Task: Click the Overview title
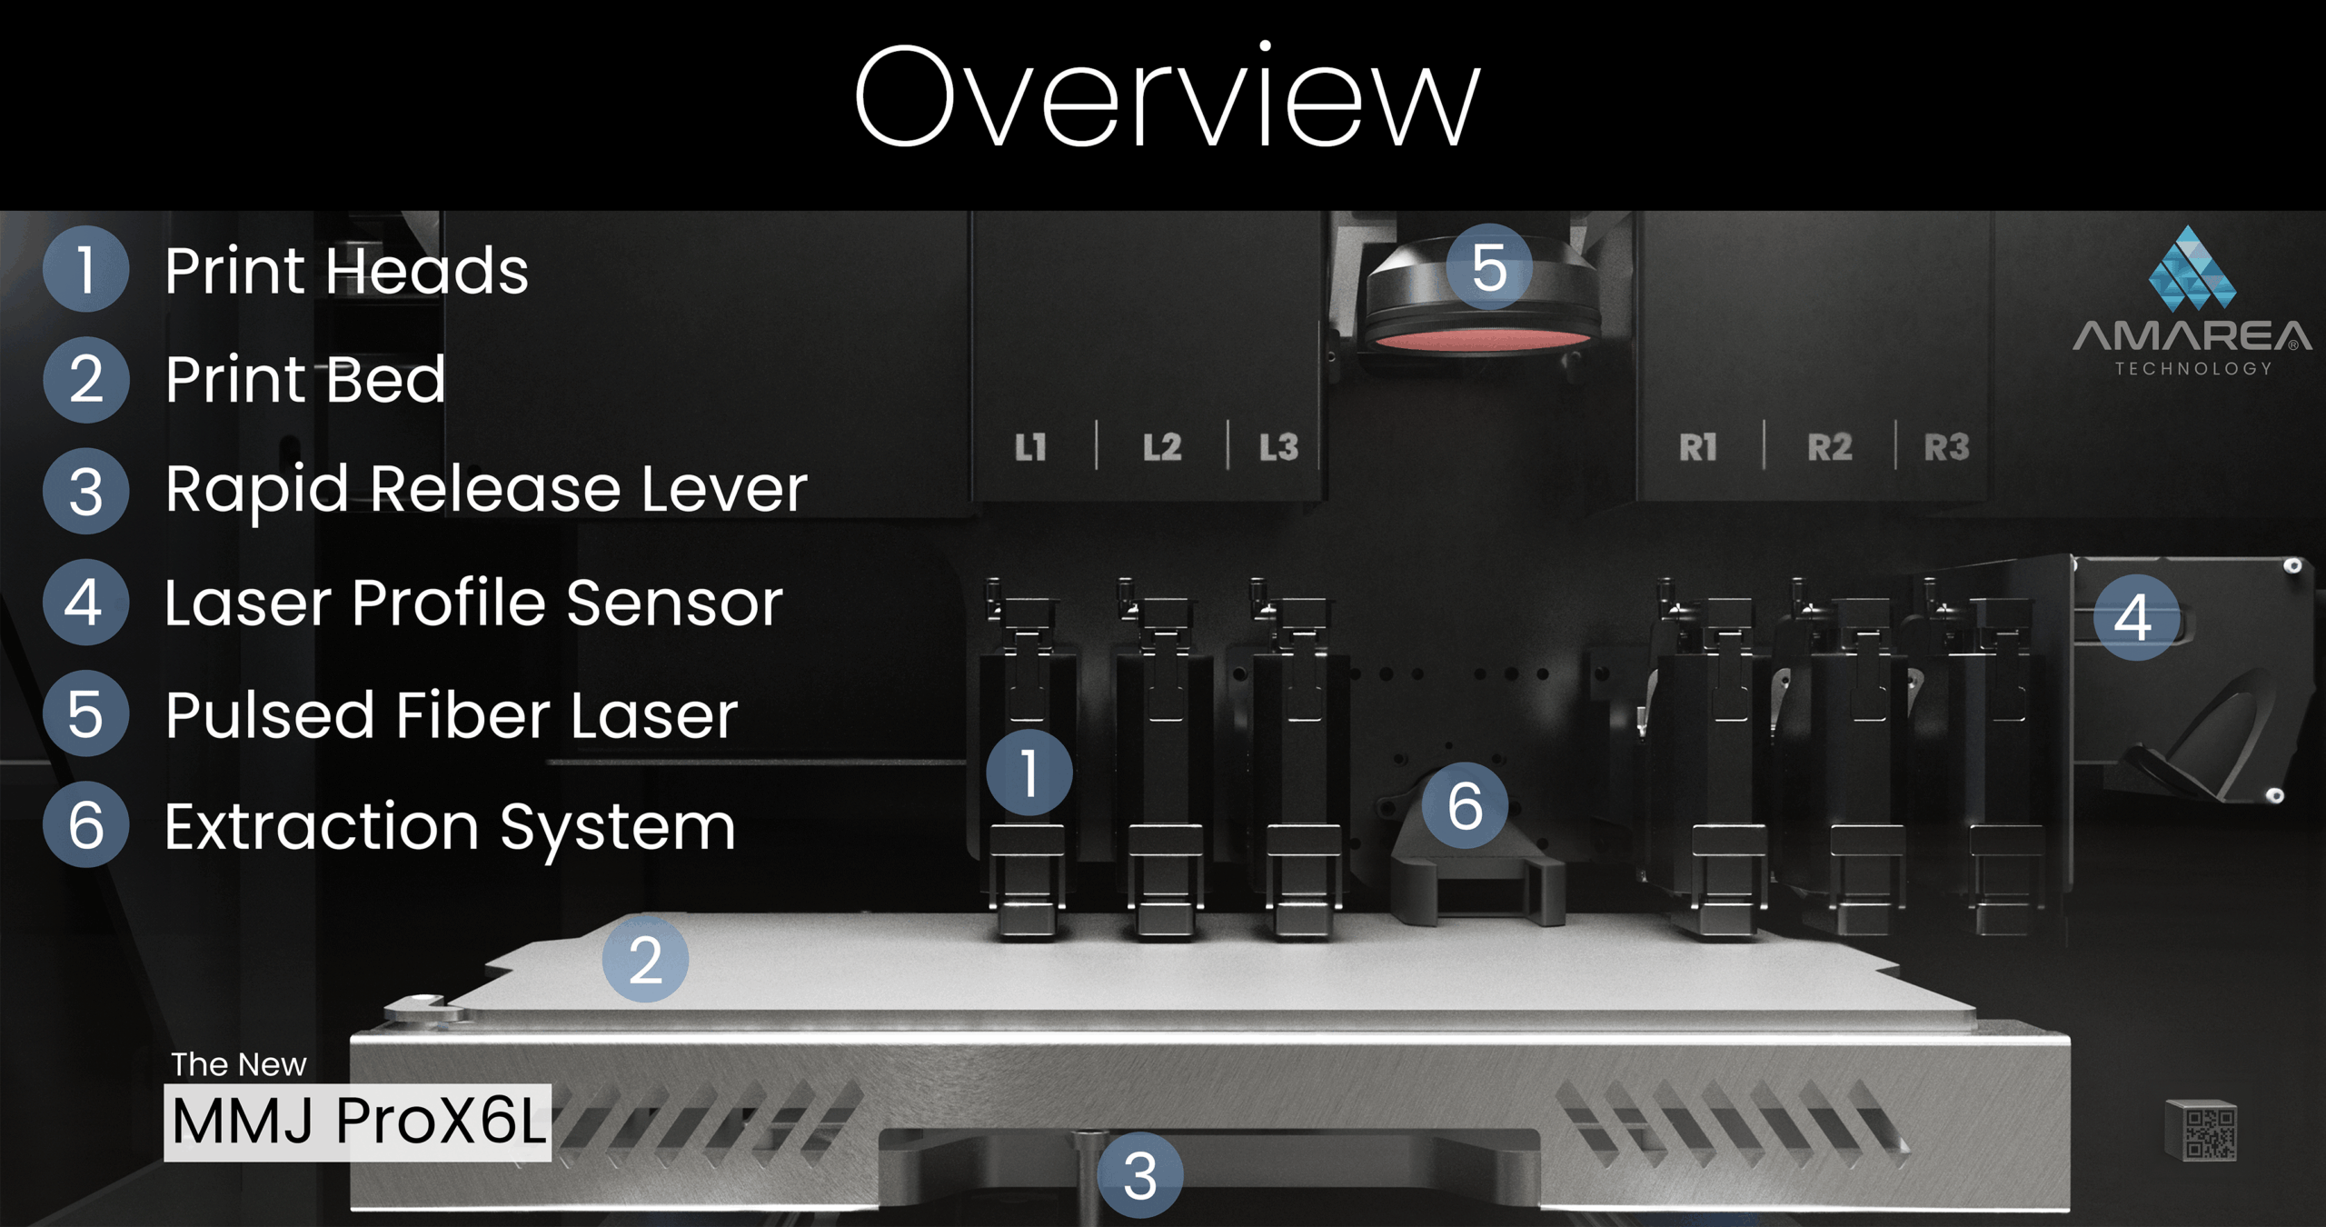(x=1167, y=98)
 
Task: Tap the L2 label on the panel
(x=1162, y=447)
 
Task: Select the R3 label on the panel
(x=1946, y=447)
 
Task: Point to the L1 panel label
(x=1030, y=447)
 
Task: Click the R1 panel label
(x=1697, y=447)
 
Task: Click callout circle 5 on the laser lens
(x=1489, y=267)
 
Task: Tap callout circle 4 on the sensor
(x=2136, y=618)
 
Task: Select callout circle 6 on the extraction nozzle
(x=1465, y=805)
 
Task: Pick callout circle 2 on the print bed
(x=645, y=960)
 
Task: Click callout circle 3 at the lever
(x=1139, y=1176)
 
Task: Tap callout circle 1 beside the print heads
(x=1029, y=773)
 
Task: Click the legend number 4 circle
(x=85, y=603)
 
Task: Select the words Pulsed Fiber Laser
(x=452, y=715)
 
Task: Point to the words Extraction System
(x=450, y=827)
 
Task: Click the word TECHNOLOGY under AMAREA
(x=2193, y=368)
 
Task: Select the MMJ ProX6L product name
(x=358, y=1122)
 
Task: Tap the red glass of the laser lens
(x=1481, y=341)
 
